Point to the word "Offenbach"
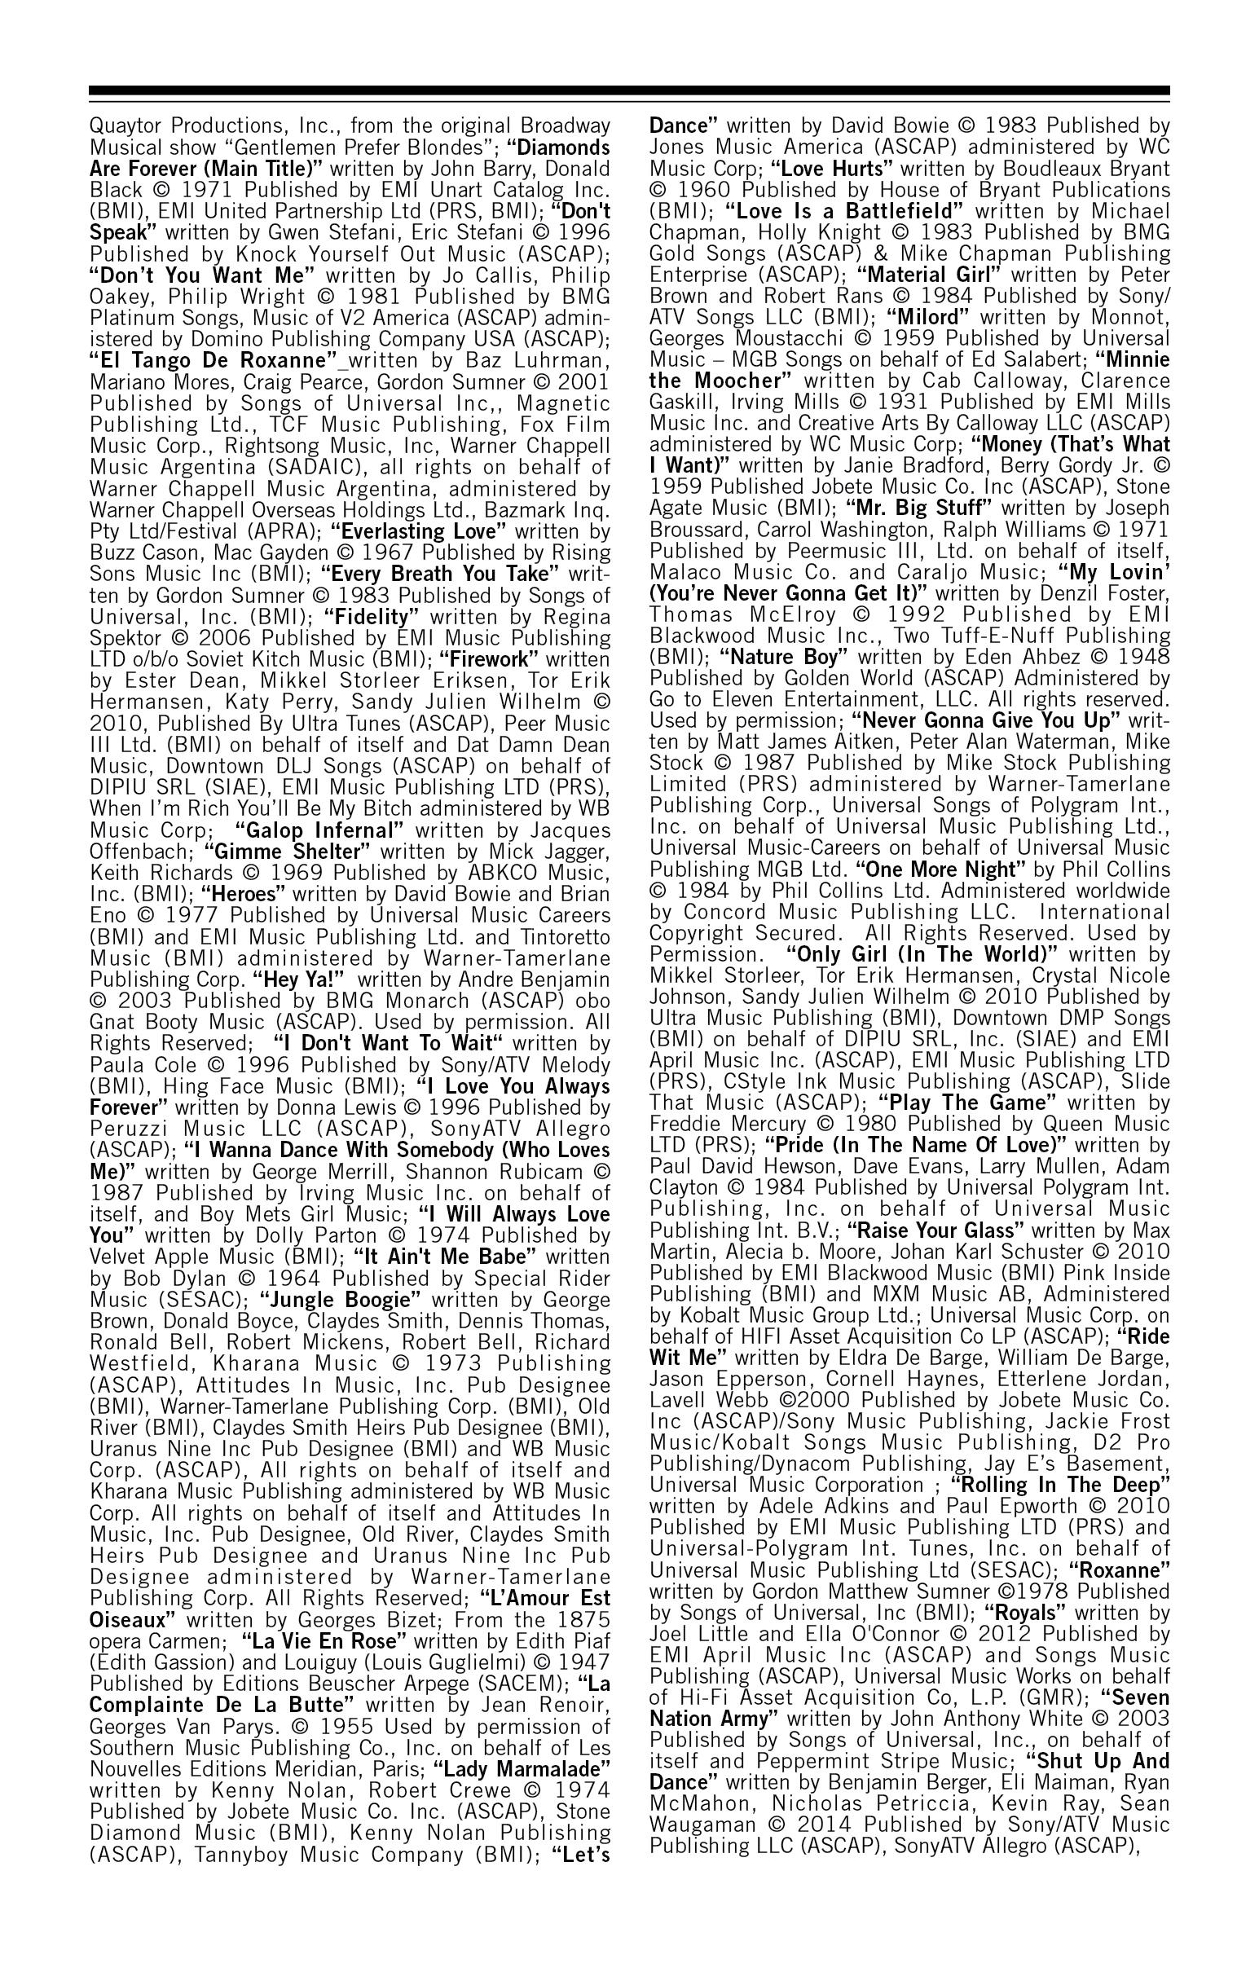tap(140, 851)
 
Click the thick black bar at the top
tap(628, 90)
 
